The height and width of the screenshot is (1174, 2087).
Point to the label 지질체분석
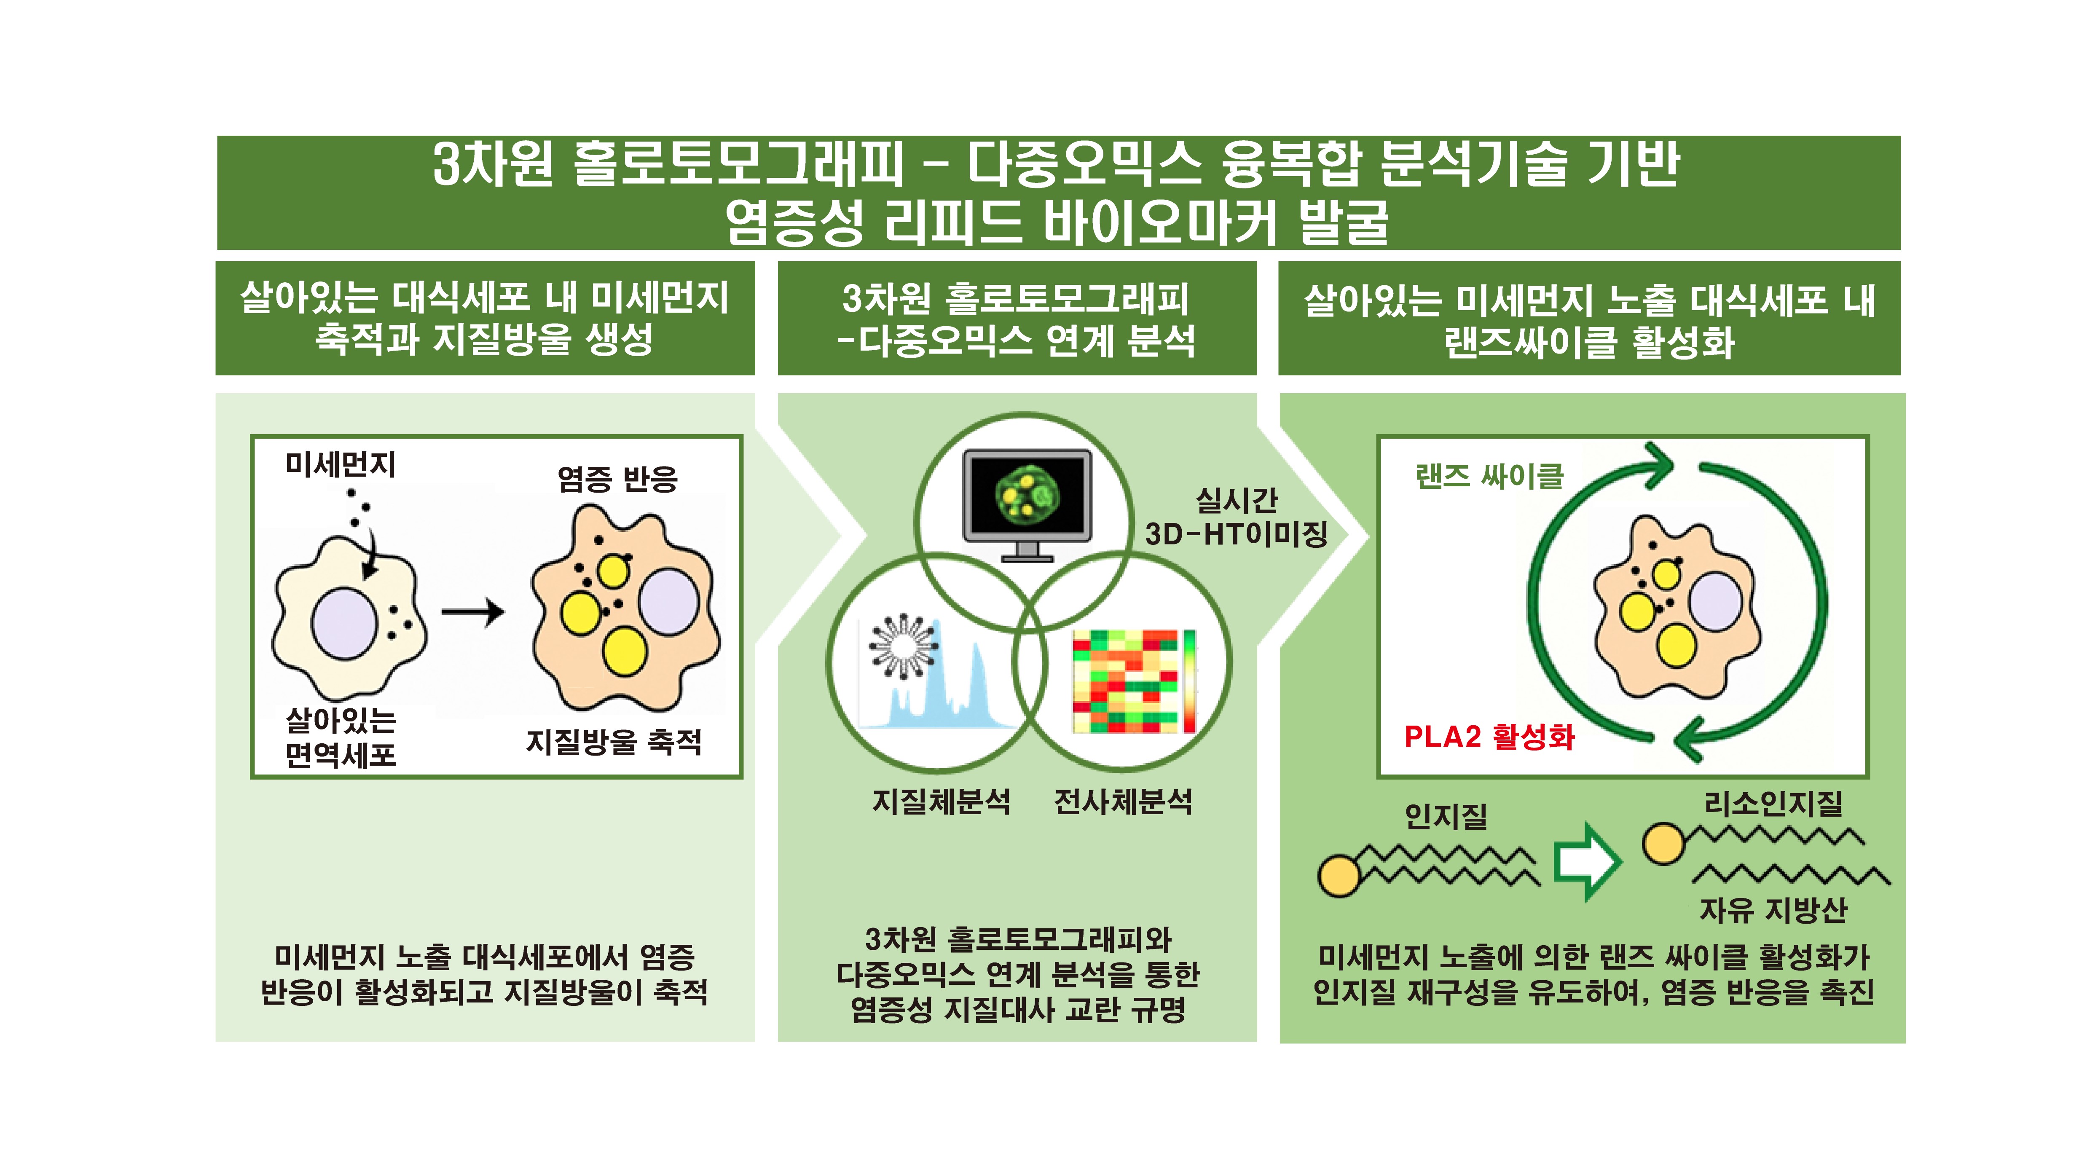[x=941, y=801]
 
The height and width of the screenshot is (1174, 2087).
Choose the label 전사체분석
[x=1123, y=801]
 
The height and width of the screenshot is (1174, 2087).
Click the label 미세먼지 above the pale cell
[x=340, y=464]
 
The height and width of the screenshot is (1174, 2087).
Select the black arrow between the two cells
[x=473, y=612]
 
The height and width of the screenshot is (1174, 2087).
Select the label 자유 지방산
[x=1773, y=910]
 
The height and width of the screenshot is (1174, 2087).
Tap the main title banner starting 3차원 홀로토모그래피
[x=1058, y=193]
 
